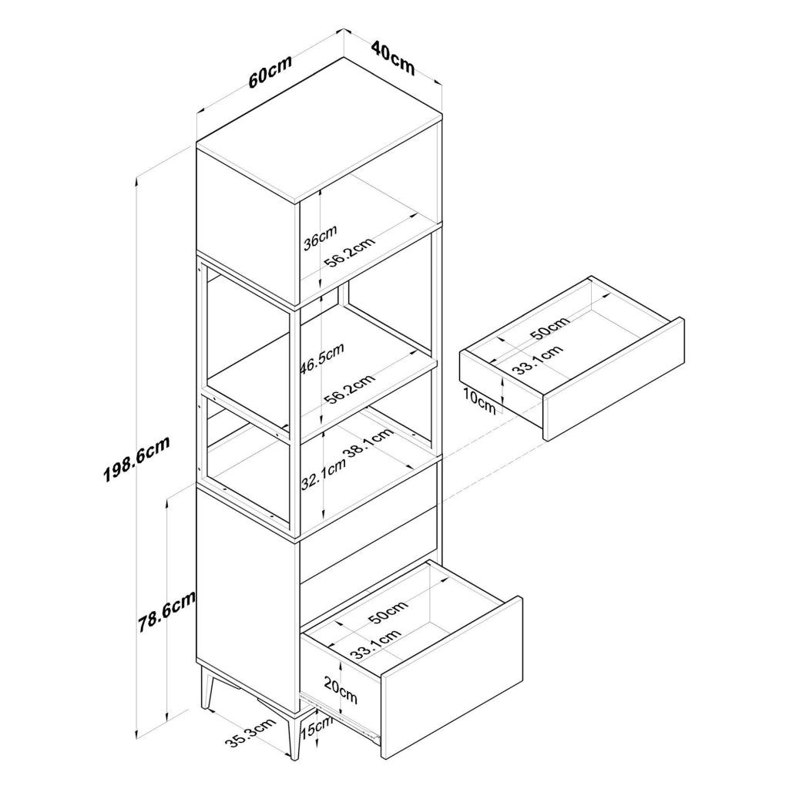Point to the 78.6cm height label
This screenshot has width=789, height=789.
(167, 611)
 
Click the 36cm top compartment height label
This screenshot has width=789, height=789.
(320, 237)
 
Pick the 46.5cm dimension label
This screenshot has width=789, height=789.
(322, 359)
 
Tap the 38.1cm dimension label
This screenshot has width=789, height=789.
(368, 442)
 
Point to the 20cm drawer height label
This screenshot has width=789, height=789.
(341, 690)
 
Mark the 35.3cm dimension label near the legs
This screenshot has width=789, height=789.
(250, 734)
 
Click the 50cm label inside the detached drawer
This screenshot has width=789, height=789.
(550, 327)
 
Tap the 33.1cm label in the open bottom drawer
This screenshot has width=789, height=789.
(376, 645)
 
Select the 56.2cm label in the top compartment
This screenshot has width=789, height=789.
(350, 252)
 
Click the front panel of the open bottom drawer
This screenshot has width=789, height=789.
(452, 677)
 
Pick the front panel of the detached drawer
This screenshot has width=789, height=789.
(613, 379)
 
